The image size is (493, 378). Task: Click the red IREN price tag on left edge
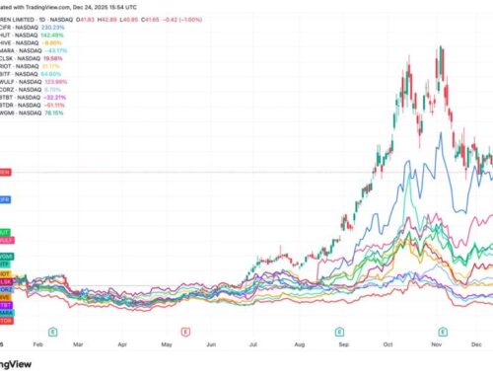pos(4,169)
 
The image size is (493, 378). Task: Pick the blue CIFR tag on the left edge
pos(4,197)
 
